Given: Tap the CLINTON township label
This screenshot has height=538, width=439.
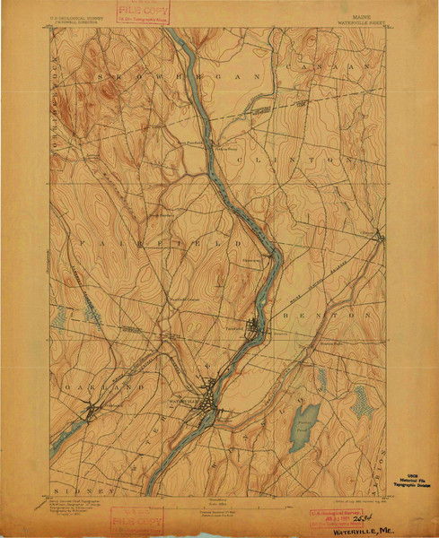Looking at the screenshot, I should (313, 158).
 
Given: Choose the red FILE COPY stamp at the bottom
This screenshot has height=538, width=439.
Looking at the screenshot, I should (137, 521).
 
